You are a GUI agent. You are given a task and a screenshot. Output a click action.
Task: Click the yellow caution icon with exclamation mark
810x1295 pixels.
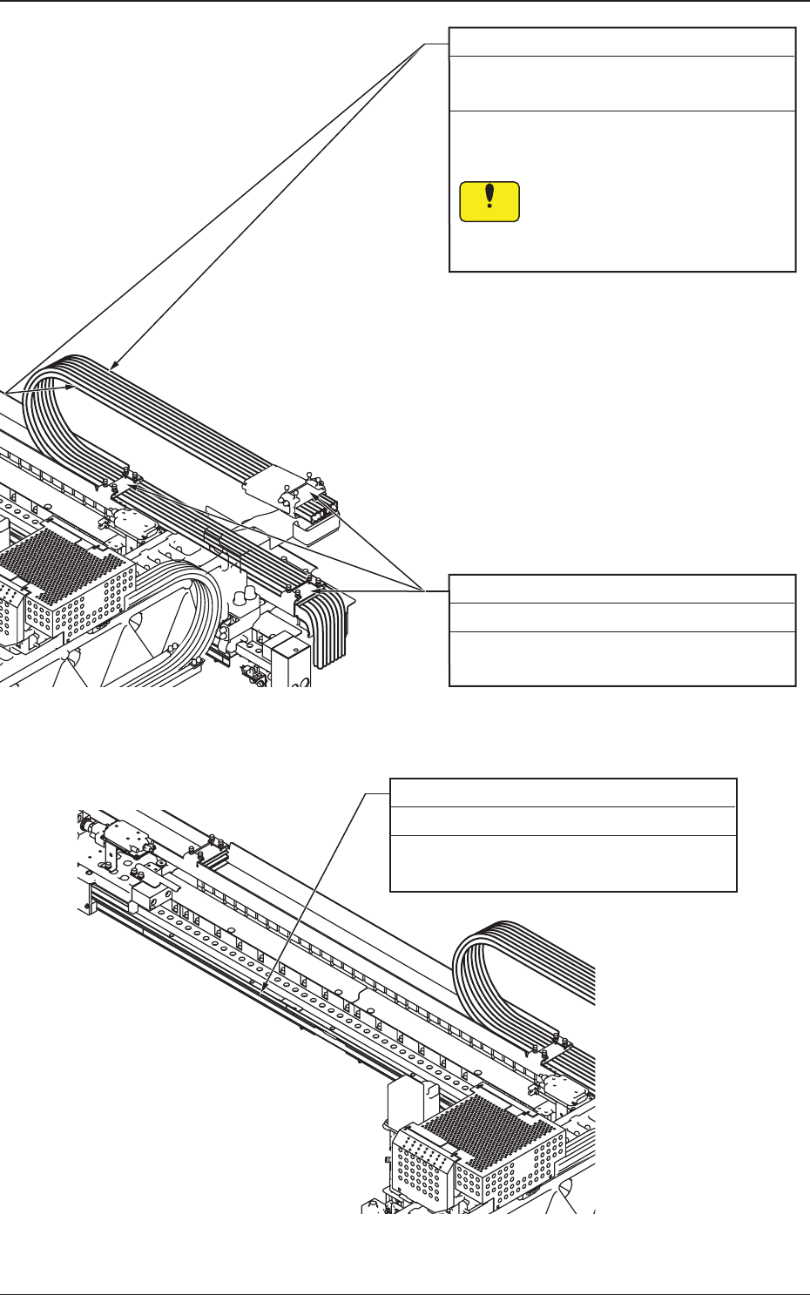click(x=489, y=201)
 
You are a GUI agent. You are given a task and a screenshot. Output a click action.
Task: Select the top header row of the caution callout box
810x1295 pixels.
click(x=622, y=42)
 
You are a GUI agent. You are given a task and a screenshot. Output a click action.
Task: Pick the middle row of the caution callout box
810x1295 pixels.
click(x=622, y=84)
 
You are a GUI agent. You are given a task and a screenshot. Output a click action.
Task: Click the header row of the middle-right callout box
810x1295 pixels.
click(x=622, y=589)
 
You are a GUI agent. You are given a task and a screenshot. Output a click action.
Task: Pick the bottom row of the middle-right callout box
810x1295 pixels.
click(x=622, y=658)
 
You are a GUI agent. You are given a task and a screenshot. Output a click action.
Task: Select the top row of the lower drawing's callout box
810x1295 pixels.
click(x=563, y=793)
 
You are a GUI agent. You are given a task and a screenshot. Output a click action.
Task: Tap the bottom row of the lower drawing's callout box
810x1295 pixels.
click(x=563, y=863)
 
